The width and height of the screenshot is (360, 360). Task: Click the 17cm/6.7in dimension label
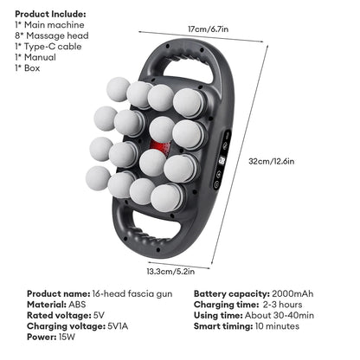[x=208, y=29]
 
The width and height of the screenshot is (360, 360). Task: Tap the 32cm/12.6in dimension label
[x=272, y=161]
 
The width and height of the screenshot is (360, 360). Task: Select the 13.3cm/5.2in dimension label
[x=170, y=272]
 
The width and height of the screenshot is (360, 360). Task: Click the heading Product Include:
[x=50, y=14]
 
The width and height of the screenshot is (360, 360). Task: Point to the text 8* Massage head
[x=52, y=35]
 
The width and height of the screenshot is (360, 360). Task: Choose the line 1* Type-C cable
[x=48, y=47]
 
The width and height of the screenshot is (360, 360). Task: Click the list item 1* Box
[x=28, y=68]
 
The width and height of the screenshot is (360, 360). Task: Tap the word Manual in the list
[x=40, y=57]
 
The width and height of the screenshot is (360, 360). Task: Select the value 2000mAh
[x=292, y=294]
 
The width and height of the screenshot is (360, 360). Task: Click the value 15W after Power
[x=67, y=337]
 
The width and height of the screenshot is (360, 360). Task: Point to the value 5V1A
[x=118, y=326]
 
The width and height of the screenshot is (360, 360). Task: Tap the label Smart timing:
[x=223, y=326]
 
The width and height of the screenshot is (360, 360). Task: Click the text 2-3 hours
[x=282, y=305]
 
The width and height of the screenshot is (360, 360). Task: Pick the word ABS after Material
[x=77, y=305]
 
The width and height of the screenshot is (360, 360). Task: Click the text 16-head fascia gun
[x=132, y=294]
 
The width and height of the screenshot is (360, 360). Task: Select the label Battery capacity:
[x=232, y=294]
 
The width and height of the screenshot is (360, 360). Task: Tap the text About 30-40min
[x=280, y=315]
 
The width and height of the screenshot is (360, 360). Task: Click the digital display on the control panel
[x=222, y=160]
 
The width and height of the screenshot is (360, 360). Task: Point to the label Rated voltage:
[x=59, y=315]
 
